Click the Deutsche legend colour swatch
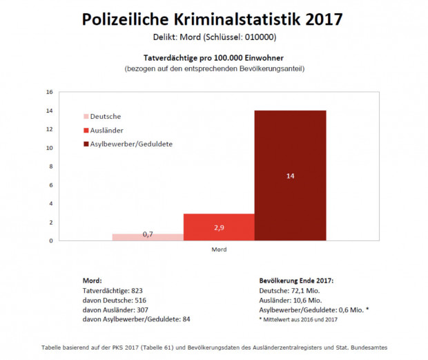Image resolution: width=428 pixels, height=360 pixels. coord(86,117)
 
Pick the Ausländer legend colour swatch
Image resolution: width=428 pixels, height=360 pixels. coord(86,130)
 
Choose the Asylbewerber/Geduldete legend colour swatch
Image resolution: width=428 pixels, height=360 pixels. coord(86,144)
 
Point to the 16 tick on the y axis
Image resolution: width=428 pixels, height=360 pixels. coord(49,92)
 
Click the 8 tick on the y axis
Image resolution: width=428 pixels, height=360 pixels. coord(49,167)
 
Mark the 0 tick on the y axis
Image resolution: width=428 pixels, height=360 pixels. coord(49,240)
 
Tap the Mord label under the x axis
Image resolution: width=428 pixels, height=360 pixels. coord(219,249)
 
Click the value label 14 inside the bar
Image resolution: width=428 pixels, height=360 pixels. coord(290,176)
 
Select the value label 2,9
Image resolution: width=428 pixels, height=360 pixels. coord(219,227)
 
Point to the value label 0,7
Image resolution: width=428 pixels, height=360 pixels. coord(148,234)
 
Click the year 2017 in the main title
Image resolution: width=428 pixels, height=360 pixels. coord(320,19)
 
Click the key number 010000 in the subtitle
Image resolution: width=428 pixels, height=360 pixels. coord(260,36)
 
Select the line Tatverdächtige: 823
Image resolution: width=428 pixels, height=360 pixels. coord(113,291)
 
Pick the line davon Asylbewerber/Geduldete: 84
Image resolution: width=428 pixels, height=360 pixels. coord(136,319)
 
